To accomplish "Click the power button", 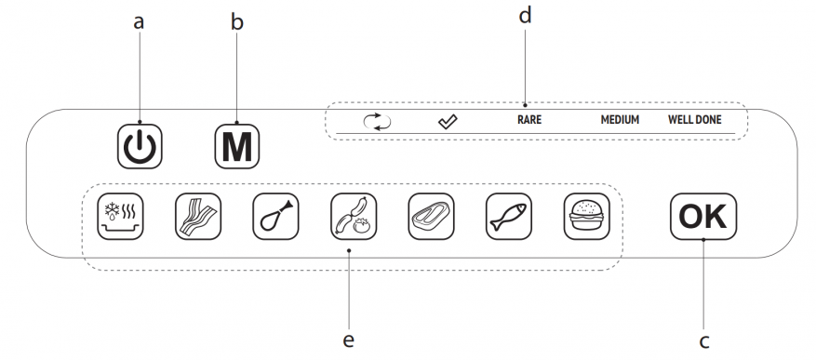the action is pos(140,146).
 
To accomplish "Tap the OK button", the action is pos(703,217).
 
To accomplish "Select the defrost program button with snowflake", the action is pos(120,217).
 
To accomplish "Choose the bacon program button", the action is pos(198,217).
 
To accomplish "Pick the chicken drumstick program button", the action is pos(275,217).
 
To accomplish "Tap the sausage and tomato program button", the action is pos(354,217).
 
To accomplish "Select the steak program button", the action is pos(431,217).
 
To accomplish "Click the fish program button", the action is pos(509,217).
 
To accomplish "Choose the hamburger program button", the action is pos(586,217).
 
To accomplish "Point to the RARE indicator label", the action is pos(529,120).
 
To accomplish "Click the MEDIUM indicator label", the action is pos(620,120).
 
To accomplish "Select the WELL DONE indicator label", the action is pos(695,120).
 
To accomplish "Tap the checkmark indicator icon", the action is pos(447,122).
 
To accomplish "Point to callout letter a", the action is pos(139,22).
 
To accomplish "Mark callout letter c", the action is pos(704,341).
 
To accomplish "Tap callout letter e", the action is pos(349,340).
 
